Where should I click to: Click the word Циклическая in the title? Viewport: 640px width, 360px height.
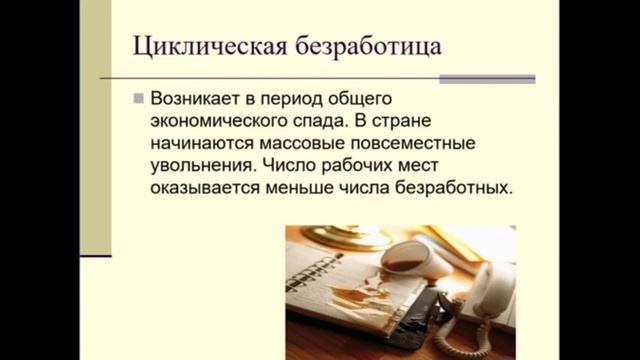[x=201, y=48]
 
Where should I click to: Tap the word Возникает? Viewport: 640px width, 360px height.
[x=197, y=100]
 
